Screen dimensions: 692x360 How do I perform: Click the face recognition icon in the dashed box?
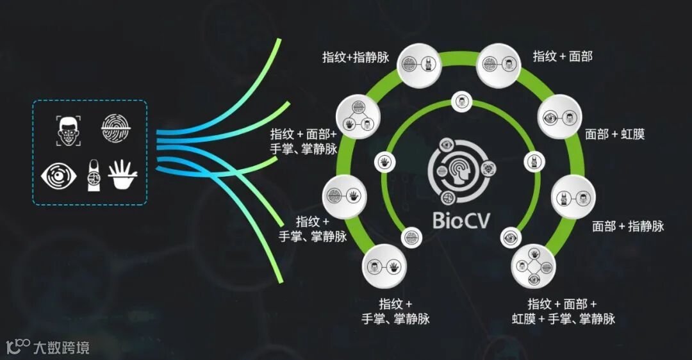[69, 130]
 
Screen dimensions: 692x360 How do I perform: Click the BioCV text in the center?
[461, 220]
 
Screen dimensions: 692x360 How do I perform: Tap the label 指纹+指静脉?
[356, 57]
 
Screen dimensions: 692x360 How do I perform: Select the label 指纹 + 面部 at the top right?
[563, 56]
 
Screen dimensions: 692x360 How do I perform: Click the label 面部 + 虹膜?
[614, 134]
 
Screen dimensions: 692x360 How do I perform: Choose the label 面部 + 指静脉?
[628, 225]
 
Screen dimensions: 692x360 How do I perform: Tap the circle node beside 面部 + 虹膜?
[559, 117]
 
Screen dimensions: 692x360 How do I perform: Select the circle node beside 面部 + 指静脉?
[573, 196]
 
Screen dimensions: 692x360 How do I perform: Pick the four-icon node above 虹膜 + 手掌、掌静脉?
[532, 266]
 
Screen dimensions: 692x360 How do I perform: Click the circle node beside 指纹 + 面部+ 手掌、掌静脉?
[358, 115]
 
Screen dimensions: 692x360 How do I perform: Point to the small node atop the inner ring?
[461, 101]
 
